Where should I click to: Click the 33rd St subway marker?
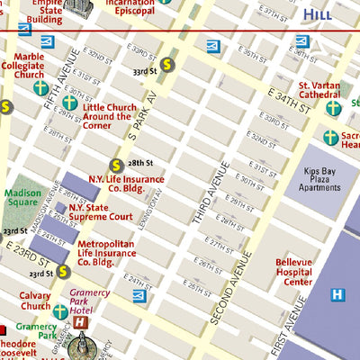pos(167,64)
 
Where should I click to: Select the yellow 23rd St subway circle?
pos(63,271)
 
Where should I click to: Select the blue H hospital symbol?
pos(337,294)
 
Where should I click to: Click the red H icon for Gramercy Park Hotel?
pos(82,321)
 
